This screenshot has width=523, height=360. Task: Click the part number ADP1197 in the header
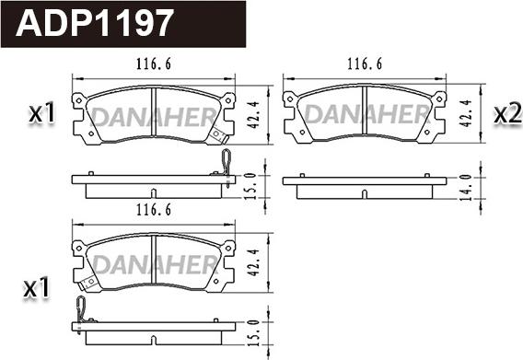point(95,23)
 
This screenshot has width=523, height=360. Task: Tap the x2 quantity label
point(507,114)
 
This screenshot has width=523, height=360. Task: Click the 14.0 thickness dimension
point(466,187)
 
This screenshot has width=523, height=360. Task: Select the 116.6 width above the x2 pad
point(365,64)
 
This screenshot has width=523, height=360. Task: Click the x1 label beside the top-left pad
point(42,113)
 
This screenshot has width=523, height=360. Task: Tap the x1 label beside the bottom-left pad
point(36,288)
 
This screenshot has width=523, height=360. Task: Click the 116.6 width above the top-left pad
point(154,64)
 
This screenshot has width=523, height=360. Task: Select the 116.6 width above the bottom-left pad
point(154,210)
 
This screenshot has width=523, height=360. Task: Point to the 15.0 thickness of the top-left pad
point(250,186)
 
